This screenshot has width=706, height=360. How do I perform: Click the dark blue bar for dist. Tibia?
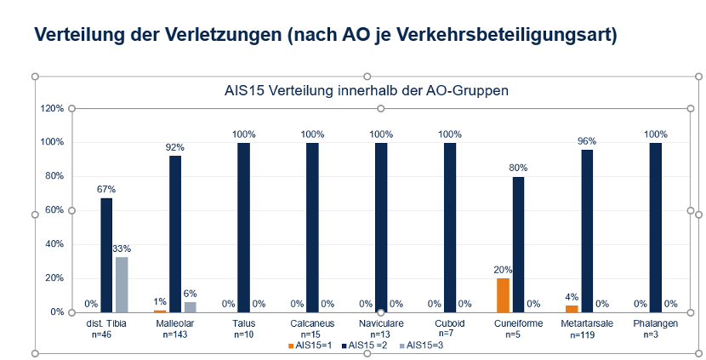106,255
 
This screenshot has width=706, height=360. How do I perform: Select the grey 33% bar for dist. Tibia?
122,284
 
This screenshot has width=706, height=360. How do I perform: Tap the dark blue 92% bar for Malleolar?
175,234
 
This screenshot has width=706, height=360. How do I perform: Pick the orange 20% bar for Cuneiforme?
503,295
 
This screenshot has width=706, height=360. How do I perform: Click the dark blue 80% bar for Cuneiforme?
518,244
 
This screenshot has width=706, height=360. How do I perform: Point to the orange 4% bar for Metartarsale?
572,308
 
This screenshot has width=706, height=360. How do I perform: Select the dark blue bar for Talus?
243,227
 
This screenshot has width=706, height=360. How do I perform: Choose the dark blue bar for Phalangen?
655,227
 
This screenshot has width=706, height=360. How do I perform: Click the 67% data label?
106,189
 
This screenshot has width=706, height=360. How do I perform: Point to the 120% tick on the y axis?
52,108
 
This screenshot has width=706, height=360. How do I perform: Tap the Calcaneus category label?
312,324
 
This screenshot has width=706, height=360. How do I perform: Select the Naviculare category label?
380,324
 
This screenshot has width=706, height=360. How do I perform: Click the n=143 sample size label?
174,335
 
